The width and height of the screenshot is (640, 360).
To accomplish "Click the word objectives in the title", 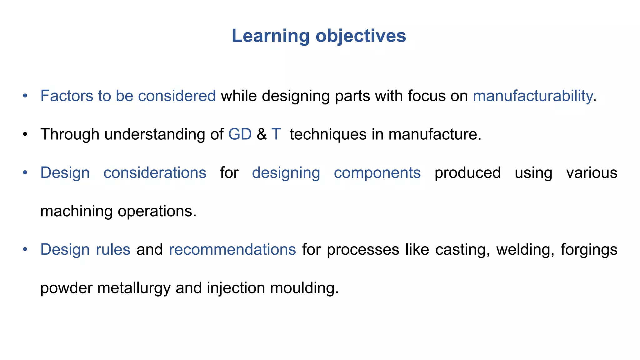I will coord(361,36).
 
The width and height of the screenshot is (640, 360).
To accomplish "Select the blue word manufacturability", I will coord(532,96).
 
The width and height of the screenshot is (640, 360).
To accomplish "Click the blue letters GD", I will coord(240,134).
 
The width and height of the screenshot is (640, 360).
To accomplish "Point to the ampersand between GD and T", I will coord(262,134).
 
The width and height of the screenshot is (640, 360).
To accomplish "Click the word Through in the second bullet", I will coord(70,134).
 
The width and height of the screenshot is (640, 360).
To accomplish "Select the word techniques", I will coord(328,134).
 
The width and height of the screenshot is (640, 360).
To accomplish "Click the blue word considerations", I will coord(155,173).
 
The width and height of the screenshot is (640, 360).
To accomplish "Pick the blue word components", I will coord(377,173).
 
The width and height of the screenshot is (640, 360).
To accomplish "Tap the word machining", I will coord(76,211).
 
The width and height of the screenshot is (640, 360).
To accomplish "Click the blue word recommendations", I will coord(232,250).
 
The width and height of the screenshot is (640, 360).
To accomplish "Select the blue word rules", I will coord(113,250).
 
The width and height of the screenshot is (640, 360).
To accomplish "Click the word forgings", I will coord(589,250).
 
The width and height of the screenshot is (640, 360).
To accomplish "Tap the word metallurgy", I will coord(134,288).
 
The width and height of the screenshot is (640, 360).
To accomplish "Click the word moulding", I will coord(304,288).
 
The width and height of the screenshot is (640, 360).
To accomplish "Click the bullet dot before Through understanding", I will coord(25,135).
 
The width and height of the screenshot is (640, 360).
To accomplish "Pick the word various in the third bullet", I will coord(592,173).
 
